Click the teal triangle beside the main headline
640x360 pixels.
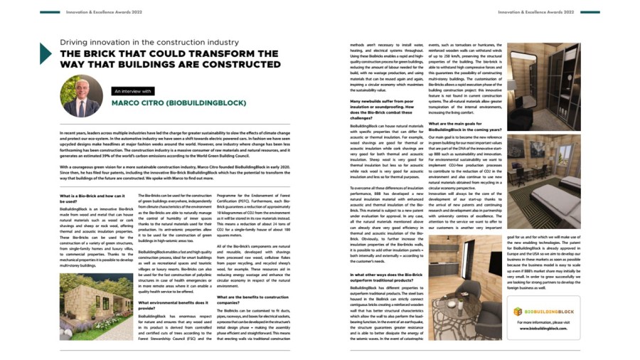point(45,54)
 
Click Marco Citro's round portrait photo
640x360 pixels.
point(81,96)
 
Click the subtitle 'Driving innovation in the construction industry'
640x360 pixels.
point(149,43)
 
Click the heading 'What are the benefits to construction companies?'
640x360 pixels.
point(252,300)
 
